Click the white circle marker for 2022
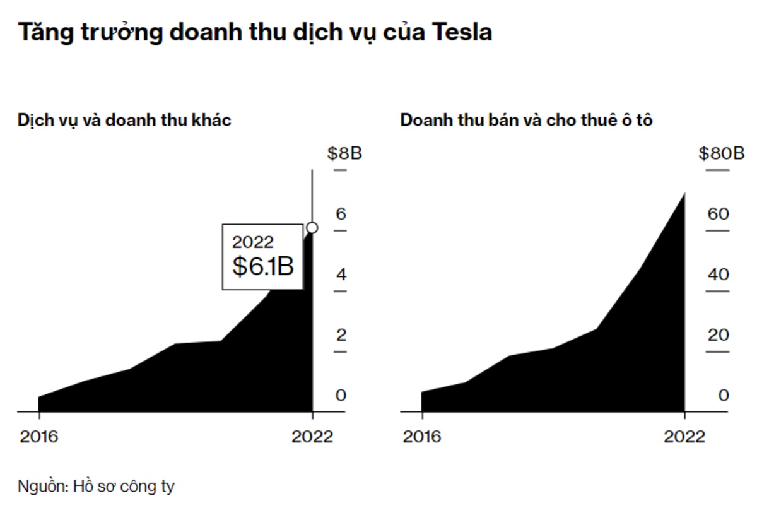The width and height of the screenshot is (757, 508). click(x=312, y=228)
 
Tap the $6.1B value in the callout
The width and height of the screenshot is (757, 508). click(x=263, y=266)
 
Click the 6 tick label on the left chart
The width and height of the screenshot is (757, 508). click(x=341, y=214)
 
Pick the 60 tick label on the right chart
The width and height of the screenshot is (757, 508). click(x=718, y=214)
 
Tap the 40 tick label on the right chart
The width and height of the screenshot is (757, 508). click(x=718, y=275)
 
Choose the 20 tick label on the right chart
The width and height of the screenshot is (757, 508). click(x=718, y=335)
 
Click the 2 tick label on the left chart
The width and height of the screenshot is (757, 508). click(x=341, y=335)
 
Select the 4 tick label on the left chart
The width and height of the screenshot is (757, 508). click(x=341, y=275)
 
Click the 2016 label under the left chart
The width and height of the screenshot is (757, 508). click(x=39, y=437)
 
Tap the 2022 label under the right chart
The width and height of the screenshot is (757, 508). click(x=684, y=437)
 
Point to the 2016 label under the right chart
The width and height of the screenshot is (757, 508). click(x=422, y=437)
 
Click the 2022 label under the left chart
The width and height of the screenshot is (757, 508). click(x=312, y=437)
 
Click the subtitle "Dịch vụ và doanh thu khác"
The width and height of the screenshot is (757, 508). click(x=124, y=120)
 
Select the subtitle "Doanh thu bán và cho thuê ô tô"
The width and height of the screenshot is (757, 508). click(x=526, y=120)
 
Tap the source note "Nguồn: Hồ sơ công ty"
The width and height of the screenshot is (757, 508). click(x=96, y=487)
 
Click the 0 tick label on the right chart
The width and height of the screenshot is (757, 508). click(x=724, y=396)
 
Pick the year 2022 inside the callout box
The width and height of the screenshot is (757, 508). click(x=252, y=242)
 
